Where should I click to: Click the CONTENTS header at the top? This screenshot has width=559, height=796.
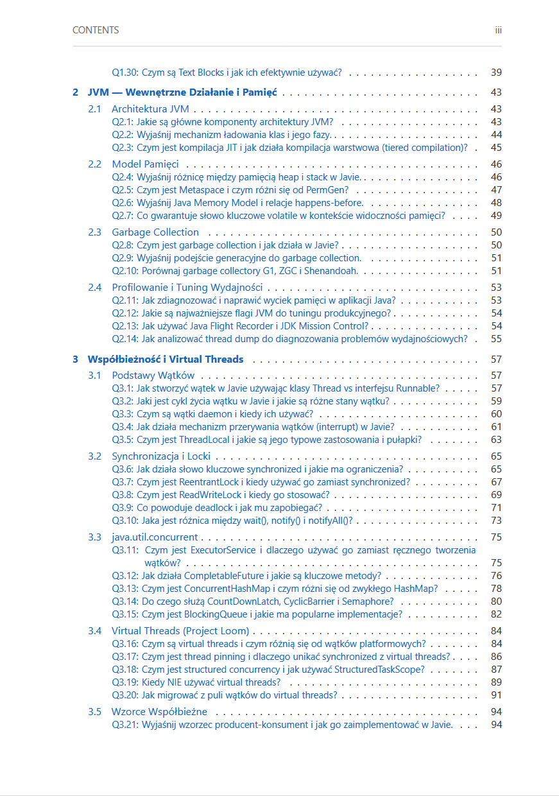click(96, 30)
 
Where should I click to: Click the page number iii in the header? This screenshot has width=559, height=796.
click(498, 30)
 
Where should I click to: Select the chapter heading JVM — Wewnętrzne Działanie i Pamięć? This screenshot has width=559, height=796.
click(182, 92)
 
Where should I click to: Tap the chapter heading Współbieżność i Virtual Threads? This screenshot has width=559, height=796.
click(166, 359)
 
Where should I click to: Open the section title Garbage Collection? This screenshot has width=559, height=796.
click(155, 232)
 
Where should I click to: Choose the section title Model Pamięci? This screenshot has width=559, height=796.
click(145, 164)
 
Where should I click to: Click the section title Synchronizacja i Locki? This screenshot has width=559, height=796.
click(161, 456)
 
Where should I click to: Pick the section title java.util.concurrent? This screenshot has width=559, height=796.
click(155, 537)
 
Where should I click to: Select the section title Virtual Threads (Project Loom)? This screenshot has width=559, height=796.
click(180, 631)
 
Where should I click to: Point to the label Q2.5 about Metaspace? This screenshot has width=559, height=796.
click(123, 190)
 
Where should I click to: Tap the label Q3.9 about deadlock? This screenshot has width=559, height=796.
click(123, 508)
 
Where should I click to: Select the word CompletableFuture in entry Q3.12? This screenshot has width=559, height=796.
click(210, 576)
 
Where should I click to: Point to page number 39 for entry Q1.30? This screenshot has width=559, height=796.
click(496, 73)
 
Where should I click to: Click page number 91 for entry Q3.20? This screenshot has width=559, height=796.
click(496, 695)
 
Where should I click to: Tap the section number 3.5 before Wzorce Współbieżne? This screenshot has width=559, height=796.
click(95, 712)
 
